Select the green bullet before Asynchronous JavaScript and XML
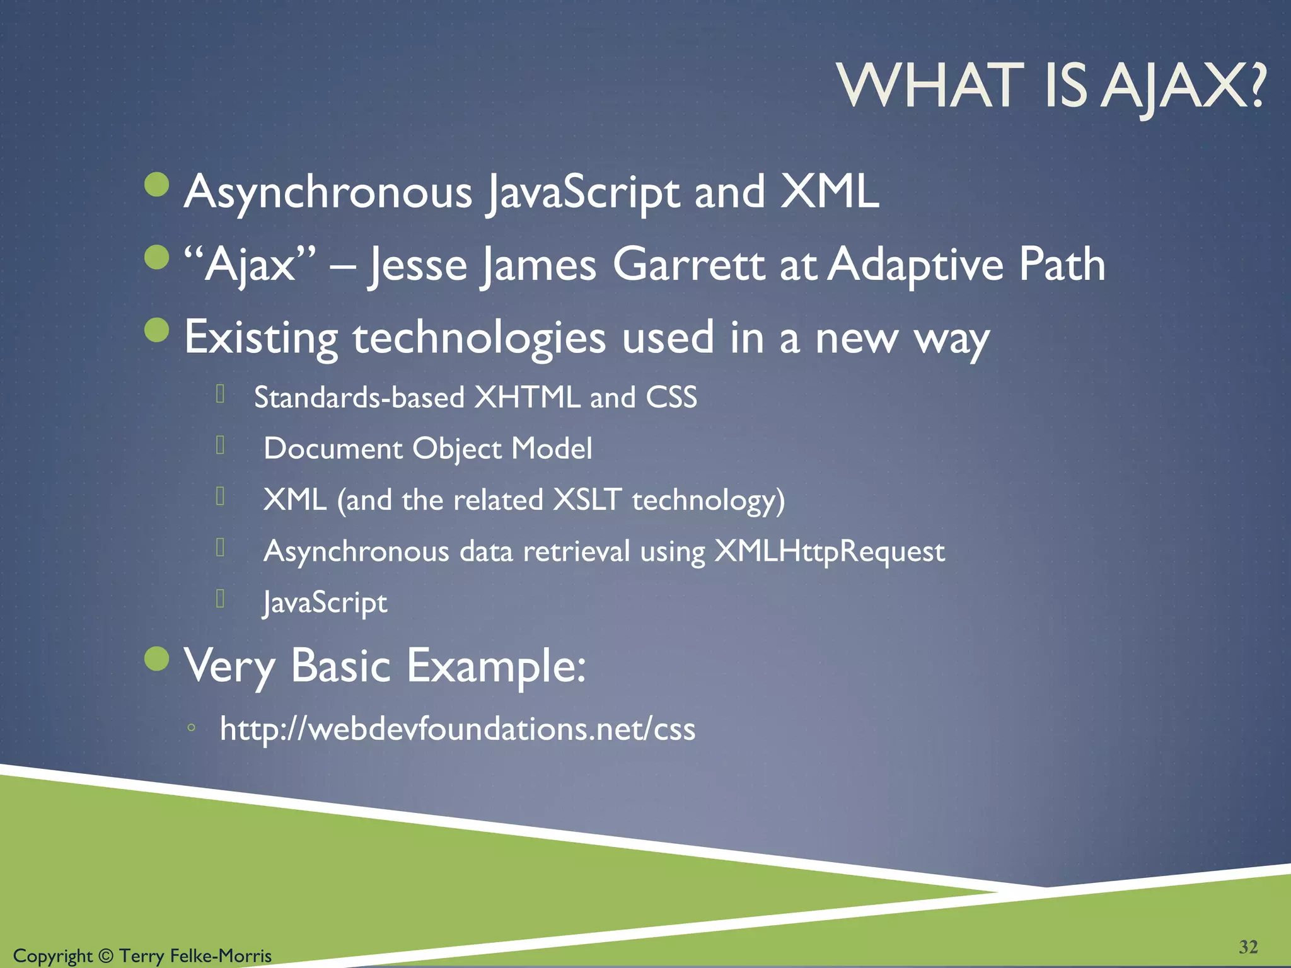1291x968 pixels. pyautogui.click(x=157, y=185)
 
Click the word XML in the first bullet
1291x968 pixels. pyautogui.click(x=829, y=192)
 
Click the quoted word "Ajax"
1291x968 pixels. pyautogui.click(x=250, y=265)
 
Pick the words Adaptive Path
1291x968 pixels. pyautogui.click(x=966, y=265)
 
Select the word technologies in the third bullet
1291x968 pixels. pyautogui.click(x=479, y=338)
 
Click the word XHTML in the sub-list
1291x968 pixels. pyautogui.click(x=527, y=398)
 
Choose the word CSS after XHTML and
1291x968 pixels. pyautogui.click(x=671, y=398)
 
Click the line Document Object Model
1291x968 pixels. pyautogui.click(x=427, y=449)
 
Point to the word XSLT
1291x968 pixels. pyautogui.click(x=587, y=500)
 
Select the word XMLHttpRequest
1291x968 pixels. pyautogui.click(x=830, y=551)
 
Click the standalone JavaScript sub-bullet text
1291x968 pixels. pyautogui.click(x=325, y=603)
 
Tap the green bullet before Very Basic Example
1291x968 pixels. pyautogui.click(x=157, y=659)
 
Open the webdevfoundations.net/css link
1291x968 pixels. pyautogui.click(x=457, y=729)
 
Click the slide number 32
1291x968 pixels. pyautogui.click(x=1248, y=947)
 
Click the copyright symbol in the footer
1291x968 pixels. pyautogui.click(x=106, y=956)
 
